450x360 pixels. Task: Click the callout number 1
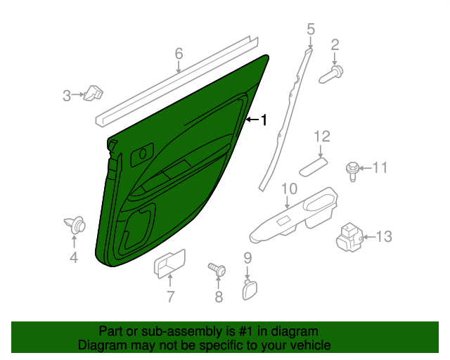[264, 120]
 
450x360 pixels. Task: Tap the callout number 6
[179, 53]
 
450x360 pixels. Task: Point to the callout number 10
[289, 188]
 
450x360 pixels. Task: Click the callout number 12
[321, 136]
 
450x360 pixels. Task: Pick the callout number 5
[311, 29]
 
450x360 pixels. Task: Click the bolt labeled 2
[333, 72]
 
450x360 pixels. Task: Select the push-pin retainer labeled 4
[76, 225]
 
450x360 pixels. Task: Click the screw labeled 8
[218, 269]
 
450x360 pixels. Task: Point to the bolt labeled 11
[352, 169]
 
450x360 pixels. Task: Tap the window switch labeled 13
[349, 237]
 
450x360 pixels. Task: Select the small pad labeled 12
[313, 167]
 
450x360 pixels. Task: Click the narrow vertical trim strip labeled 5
[288, 112]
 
